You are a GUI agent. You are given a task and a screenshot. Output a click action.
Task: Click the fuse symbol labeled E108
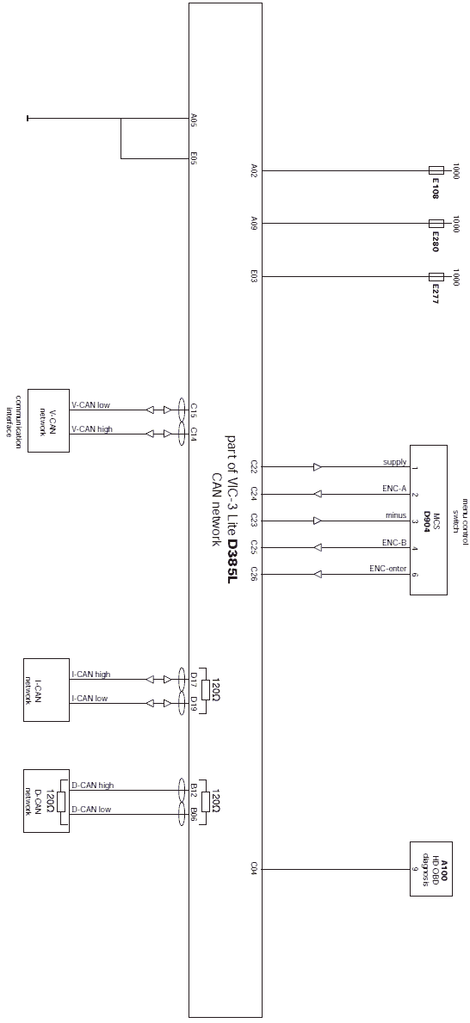tap(436, 170)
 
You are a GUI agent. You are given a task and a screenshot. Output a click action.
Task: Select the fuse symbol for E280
tap(436, 224)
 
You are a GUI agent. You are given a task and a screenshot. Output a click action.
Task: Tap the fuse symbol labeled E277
tap(436, 277)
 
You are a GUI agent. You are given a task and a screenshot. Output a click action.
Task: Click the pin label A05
tap(194, 120)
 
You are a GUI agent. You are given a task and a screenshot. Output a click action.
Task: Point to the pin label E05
tap(194, 158)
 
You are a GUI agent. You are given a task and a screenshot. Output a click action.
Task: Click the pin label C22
tap(255, 465)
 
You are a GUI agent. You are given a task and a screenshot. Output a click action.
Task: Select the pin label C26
tap(255, 574)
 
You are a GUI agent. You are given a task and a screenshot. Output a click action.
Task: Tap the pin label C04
tap(255, 868)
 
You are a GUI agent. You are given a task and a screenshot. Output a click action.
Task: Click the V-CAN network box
tap(47, 420)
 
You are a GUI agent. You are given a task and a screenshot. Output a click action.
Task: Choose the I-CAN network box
tap(46, 690)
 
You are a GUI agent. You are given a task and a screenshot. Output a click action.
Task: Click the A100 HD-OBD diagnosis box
tap(430, 868)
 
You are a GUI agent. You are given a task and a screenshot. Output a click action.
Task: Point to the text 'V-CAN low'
tap(90, 405)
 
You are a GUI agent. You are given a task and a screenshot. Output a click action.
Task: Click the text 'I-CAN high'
tap(90, 675)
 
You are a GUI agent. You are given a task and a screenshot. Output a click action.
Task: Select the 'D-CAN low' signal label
tap(91, 810)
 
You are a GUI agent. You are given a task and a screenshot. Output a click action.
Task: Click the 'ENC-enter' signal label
tap(387, 569)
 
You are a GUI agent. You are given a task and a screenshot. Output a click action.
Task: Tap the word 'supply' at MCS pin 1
tap(395, 463)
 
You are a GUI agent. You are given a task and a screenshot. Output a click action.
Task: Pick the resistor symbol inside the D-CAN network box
tap(61, 802)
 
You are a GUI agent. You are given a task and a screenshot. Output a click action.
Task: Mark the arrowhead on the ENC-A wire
tap(318, 494)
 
